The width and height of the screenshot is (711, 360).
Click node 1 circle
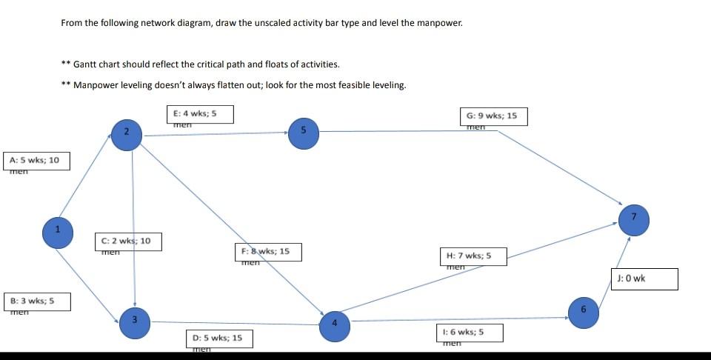click(x=56, y=228)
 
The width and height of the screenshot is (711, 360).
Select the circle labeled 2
click(x=127, y=133)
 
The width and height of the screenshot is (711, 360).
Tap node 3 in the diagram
click(x=135, y=320)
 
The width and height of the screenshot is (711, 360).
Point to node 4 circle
click(x=335, y=323)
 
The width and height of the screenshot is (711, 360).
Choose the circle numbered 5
click(x=303, y=130)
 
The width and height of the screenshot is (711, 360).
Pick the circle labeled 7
click(x=634, y=216)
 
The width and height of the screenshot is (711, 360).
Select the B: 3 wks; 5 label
click(x=37, y=301)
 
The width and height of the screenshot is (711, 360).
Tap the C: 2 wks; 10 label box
click(x=127, y=241)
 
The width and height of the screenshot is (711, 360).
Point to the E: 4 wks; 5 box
click(x=200, y=114)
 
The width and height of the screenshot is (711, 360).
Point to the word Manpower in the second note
click(x=93, y=85)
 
